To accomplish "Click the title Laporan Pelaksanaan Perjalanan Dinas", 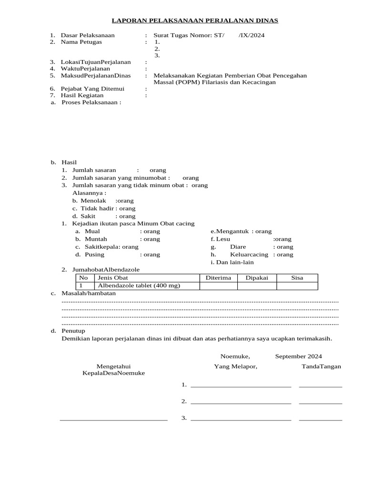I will (x=194, y=21).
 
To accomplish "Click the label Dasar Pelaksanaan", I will (x=88, y=35).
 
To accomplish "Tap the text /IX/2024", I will (x=252, y=35).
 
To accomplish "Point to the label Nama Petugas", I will (x=81, y=42).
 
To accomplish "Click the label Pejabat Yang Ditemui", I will (x=92, y=89).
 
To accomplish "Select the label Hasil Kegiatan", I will (x=82, y=95).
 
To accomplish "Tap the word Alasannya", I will (x=89, y=193).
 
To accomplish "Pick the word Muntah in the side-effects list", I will (x=96, y=239).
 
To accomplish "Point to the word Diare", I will (x=238, y=247).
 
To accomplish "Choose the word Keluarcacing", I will (x=249, y=254).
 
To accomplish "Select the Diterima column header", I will (x=218, y=278).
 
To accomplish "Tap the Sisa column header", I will (x=297, y=278).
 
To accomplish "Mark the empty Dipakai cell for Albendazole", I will (x=257, y=285).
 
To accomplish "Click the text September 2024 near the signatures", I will (x=298, y=356).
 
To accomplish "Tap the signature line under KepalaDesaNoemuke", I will (x=113, y=420).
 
